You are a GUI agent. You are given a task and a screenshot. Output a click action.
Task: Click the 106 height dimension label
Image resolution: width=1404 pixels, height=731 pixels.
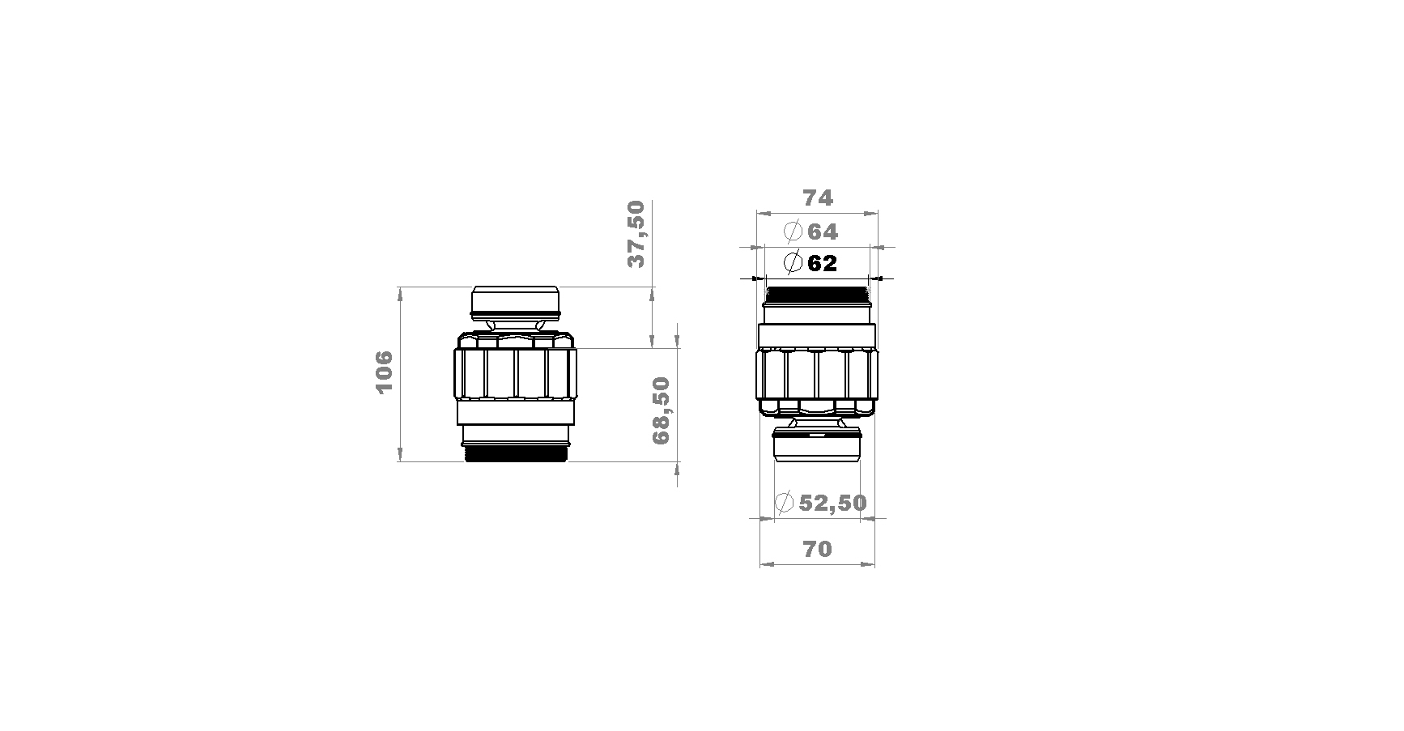coord(384,372)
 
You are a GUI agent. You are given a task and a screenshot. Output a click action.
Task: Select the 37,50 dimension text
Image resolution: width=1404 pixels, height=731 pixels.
coord(636,234)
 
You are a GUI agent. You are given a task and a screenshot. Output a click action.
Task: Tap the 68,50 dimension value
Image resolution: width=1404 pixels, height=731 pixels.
coord(662,410)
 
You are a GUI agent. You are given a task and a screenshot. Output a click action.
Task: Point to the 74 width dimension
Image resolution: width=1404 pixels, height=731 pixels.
coord(818,198)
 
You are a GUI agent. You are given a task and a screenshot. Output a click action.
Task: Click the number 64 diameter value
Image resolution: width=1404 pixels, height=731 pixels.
coord(823,232)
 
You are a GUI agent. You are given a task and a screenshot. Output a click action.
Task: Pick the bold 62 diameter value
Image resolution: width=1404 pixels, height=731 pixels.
coord(822,263)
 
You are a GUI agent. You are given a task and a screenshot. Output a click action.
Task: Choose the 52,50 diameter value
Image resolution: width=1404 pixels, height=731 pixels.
coord(832,503)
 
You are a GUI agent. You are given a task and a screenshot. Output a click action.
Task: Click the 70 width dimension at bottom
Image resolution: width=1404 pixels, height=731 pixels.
coord(817,549)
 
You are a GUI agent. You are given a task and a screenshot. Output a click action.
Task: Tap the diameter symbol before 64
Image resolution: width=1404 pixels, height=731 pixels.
coord(793,232)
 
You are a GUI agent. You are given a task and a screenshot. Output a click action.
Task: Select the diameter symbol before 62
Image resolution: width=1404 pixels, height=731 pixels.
coord(793,262)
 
